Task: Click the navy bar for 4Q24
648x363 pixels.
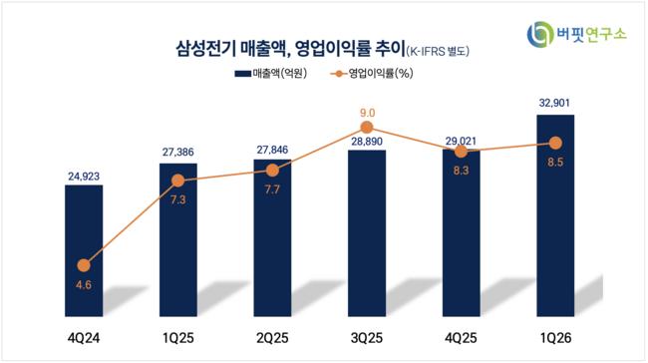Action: pos(84,250)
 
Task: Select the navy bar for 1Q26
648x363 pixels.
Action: pos(555,215)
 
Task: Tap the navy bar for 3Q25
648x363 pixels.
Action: pos(367,233)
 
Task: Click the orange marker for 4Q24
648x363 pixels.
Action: pos(84,265)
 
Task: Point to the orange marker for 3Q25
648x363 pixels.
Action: pos(367,127)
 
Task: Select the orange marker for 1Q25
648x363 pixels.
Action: pos(178,181)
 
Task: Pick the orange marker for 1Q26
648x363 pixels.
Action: pos(556,143)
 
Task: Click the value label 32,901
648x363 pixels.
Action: pos(554,103)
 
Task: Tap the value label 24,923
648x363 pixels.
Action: pos(84,177)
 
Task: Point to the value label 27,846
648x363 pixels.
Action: pos(272,150)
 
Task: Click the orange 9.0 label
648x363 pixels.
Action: pos(367,113)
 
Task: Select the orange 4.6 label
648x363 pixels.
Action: pos(84,285)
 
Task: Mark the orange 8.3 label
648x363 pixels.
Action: pos(462,171)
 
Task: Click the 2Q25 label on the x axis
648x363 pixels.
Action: pos(272,338)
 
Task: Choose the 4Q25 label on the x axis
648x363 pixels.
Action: pos(461,338)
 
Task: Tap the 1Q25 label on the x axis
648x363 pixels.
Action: pos(178,338)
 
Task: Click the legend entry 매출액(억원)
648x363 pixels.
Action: pos(271,74)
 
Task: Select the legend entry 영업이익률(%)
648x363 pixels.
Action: pos(372,74)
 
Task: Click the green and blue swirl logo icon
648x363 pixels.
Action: pos(540,34)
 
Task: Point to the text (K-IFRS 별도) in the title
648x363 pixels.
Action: pos(438,51)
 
